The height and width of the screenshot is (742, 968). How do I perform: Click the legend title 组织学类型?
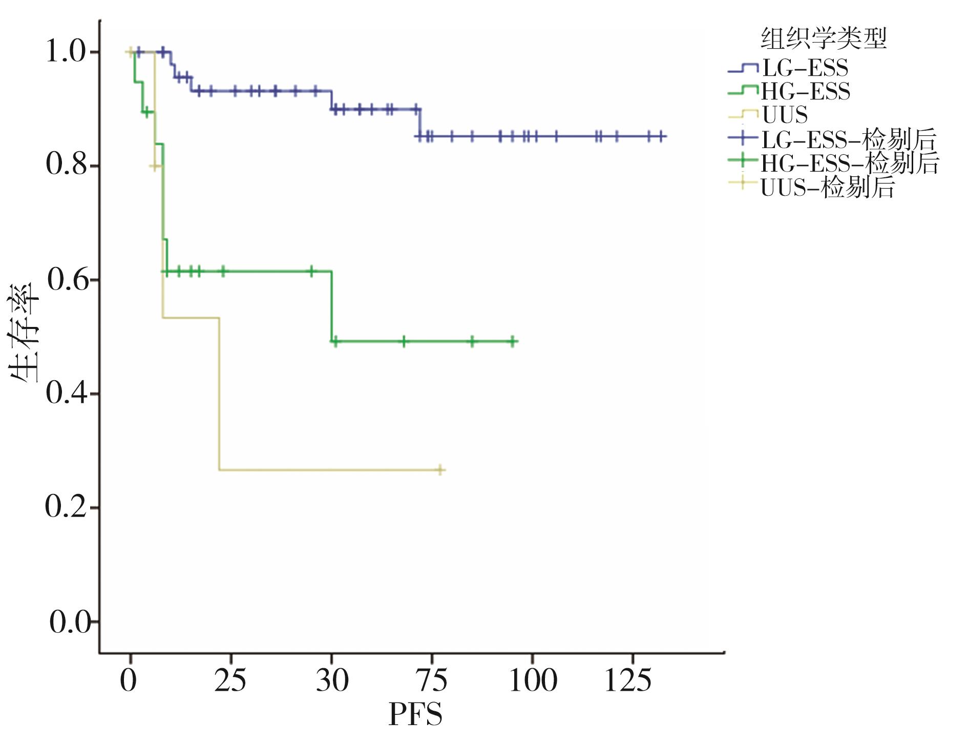pos(823,38)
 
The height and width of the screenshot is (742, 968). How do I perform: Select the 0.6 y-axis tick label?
pos(66,280)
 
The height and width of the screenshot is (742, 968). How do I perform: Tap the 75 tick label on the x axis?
pos(432,681)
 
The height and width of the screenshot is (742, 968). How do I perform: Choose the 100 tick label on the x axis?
pos(533,681)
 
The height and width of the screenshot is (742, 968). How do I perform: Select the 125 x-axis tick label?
pos(628,681)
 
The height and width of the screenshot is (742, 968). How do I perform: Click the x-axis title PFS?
pos(415,714)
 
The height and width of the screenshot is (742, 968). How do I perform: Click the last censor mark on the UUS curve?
pos(440,470)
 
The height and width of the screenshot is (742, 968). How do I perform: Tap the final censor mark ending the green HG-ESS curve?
pos(512,341)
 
